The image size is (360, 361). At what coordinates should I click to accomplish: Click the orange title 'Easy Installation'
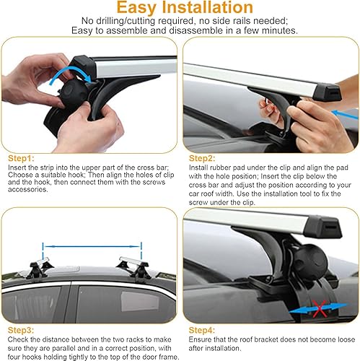coord(180,9)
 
